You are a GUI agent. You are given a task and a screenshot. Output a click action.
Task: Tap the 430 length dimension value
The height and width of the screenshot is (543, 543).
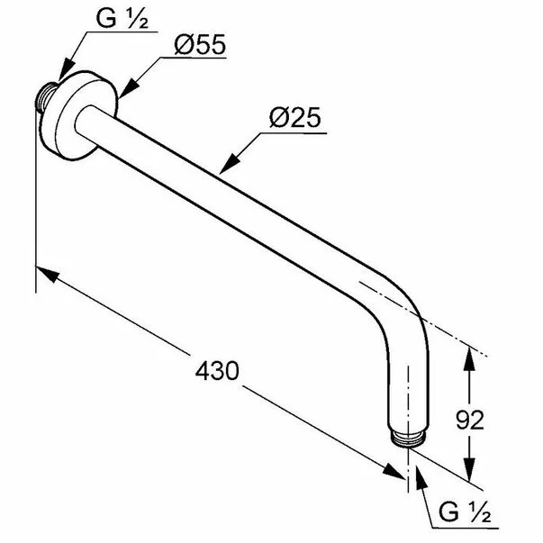click(x=216, y=370)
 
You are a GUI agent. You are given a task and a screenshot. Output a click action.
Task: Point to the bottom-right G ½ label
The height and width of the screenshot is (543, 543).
click(x=465, y=513)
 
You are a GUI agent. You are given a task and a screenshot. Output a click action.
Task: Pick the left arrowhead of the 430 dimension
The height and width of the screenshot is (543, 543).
click(x=45, y=272)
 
